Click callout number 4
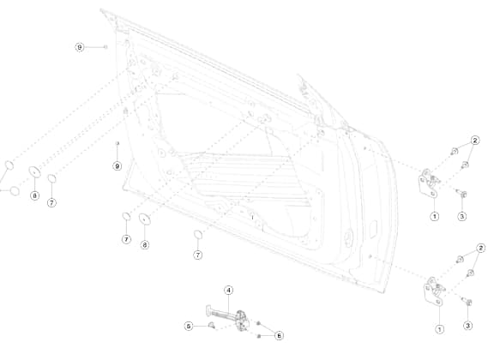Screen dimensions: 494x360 pyautogui.click(x=229, y=290)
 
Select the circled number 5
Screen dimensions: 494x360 pyautogui.click(x=189, y=326)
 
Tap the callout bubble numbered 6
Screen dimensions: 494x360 pyautogui.click(x=279, y=336)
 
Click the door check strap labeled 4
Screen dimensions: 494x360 pyautogui.click(x=227, y=316)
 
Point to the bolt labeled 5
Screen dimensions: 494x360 pyautogui.click(x=212, y=325)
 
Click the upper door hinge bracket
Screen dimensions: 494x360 pyautogui.click(x=429, y=183)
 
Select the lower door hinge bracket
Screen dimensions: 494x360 pyautogui.click(x=434, y=291)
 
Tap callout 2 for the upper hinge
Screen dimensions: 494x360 pyautogui.click(x=475, y=141)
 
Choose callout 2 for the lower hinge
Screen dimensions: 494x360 pyautogui.click(x=481, y=249)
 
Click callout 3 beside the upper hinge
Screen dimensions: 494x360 pyautogui.click(x=462, y=216)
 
